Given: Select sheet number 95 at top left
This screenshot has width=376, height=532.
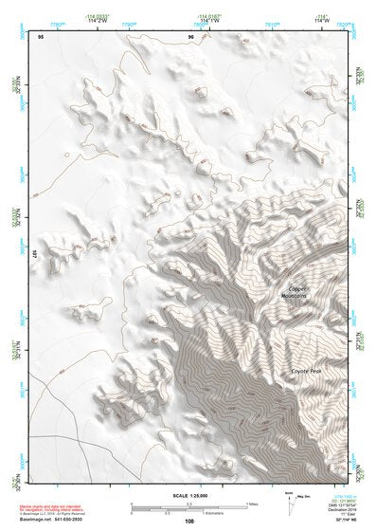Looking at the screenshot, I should coord(41,37).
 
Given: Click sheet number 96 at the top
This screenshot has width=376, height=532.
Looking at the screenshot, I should coord(192,37).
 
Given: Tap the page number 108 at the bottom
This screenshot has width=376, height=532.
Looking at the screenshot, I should coord(188,521).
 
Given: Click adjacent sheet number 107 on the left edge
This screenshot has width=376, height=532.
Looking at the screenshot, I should coord(33,255).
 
